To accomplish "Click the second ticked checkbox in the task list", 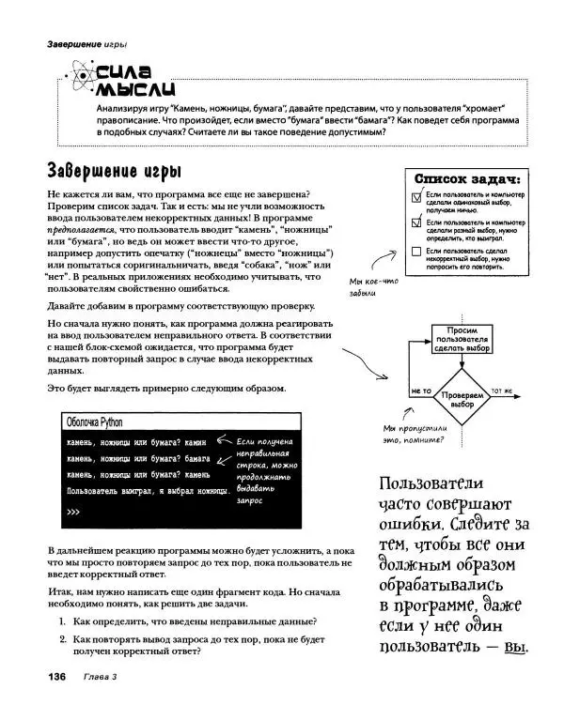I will (x=416, y=225).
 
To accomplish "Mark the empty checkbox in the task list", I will (x=416, y=253).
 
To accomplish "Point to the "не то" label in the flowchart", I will (x=420, y=391).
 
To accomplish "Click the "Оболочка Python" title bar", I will (x=94, y=421).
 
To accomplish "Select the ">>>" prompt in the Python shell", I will (x=74, y=513).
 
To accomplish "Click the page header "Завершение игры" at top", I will (x=73, y=44).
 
